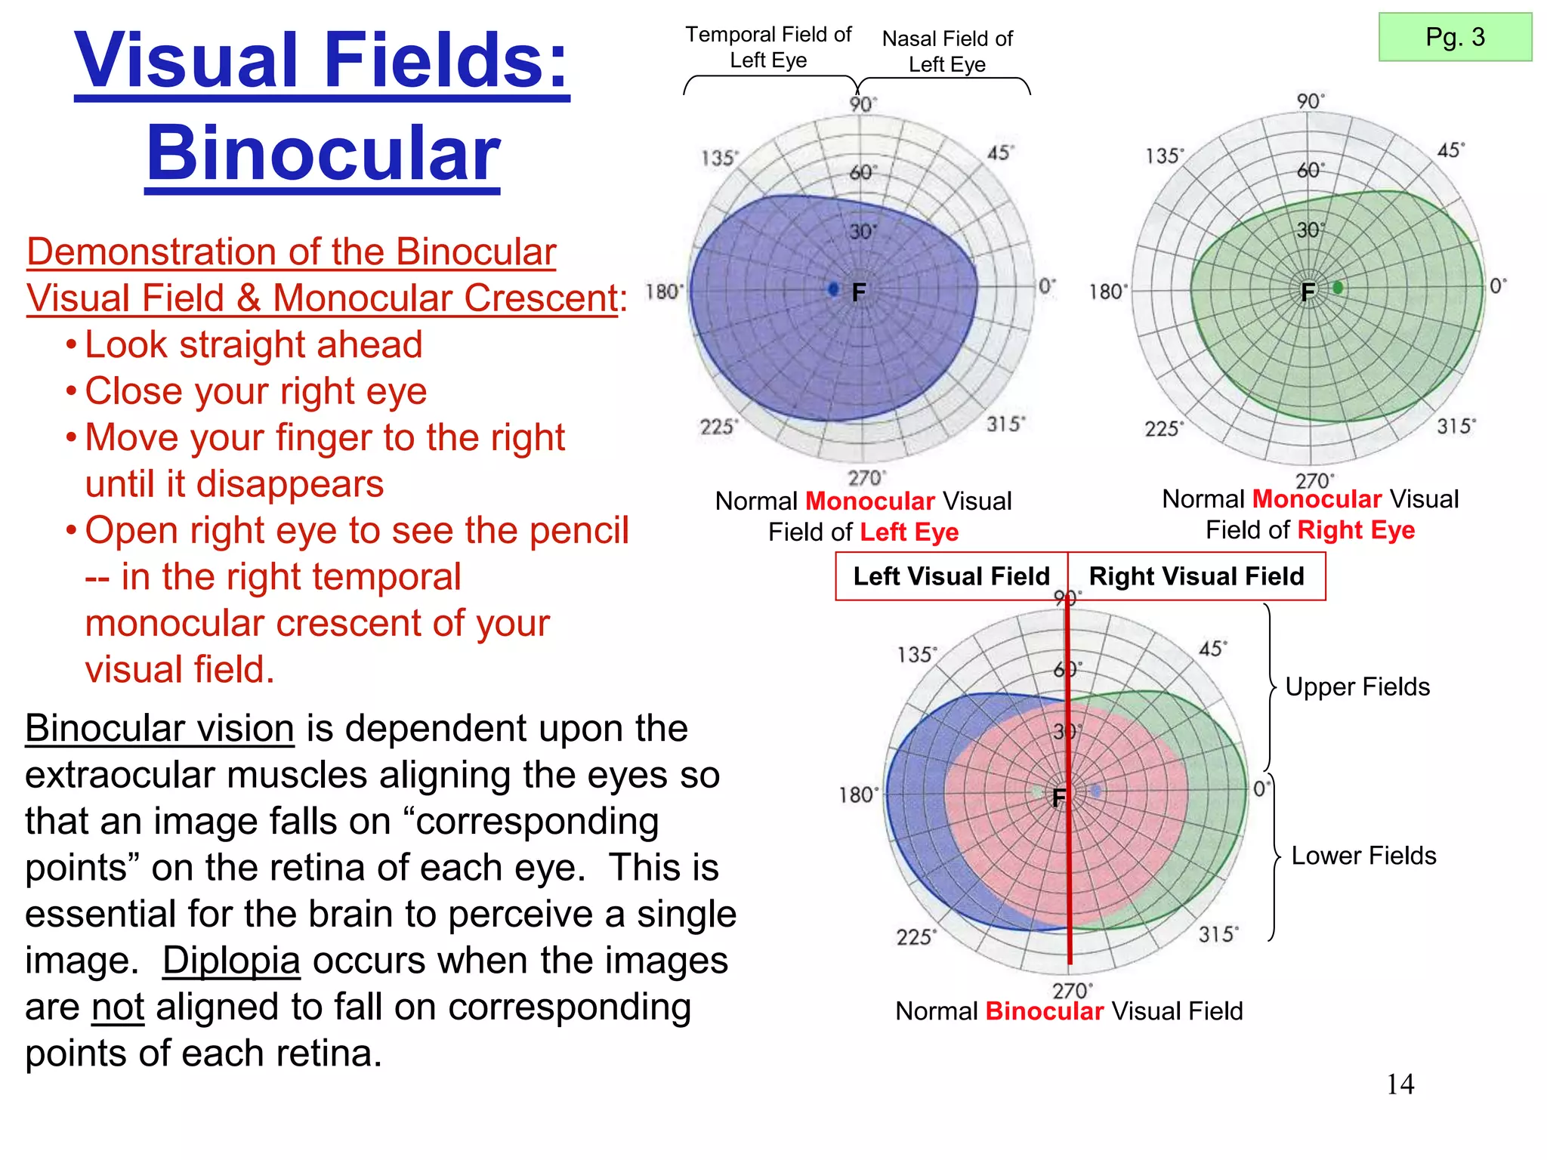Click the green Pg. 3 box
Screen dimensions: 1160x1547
pos(1455,37)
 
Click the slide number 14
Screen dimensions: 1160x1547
pos(1400,1084)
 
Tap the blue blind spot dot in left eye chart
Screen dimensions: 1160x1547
pos(833,289)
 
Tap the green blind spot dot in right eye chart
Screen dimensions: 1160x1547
pos(1338,288)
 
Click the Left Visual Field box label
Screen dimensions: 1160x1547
pos(951,576)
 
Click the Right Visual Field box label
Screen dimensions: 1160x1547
pos(1197,576)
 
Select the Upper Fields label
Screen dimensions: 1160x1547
pos(1357,686)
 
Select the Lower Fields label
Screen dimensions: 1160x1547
pos(1363,856)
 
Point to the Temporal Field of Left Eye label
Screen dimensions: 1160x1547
pos(768,47)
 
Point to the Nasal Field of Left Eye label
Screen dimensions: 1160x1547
pos(947,51)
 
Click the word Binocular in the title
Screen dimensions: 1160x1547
pos(323,153)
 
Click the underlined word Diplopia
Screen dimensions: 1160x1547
pos(231,961)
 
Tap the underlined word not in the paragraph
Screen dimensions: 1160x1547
pos(117,1007)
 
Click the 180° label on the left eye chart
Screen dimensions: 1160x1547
pos(664,292)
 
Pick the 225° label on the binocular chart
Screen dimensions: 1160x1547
pos(916,937)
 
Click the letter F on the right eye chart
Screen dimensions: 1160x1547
pos(1308,292)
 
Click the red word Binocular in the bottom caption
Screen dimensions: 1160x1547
pos(1044,1011)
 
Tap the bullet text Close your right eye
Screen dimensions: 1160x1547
pos(255,391)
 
